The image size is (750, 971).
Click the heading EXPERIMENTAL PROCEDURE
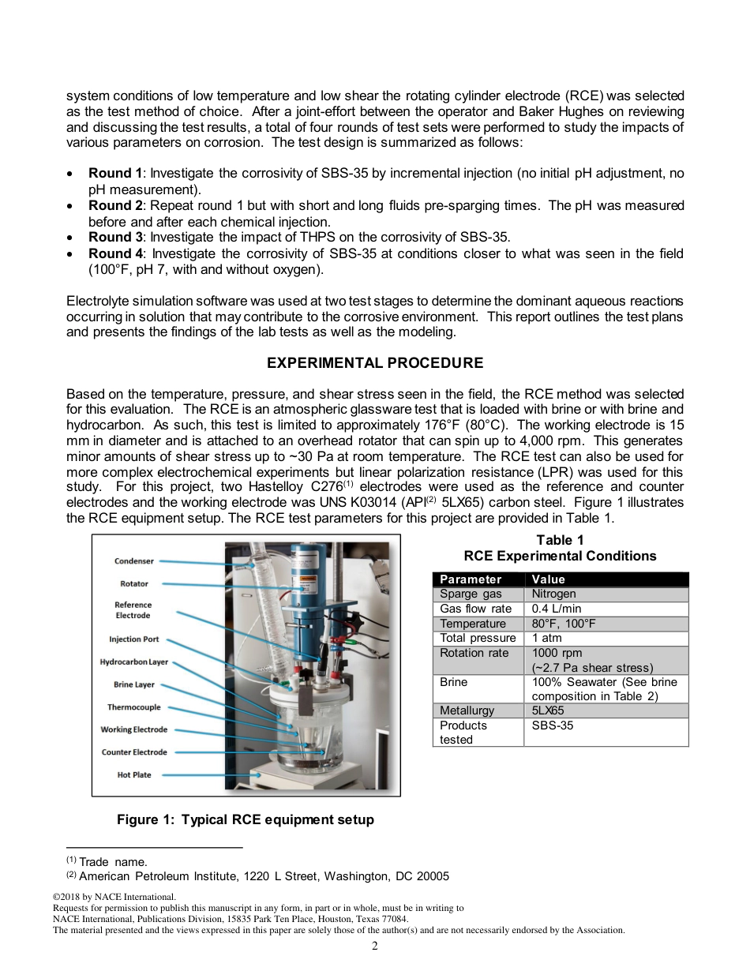375,363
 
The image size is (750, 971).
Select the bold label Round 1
115,173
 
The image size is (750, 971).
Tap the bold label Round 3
115,237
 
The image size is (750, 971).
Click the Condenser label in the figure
134,561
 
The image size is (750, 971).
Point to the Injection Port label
134,639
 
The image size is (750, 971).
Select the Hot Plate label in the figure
134,775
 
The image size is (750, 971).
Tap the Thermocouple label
134,707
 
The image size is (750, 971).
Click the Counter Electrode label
134,752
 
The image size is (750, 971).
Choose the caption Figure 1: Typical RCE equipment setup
246,819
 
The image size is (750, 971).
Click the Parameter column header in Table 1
471,579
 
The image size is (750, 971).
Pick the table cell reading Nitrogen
553,594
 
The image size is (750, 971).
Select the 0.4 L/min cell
556,609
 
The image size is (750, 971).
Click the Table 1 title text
560,540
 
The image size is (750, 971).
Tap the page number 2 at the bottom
375,946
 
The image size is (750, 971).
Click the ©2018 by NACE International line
114,897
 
